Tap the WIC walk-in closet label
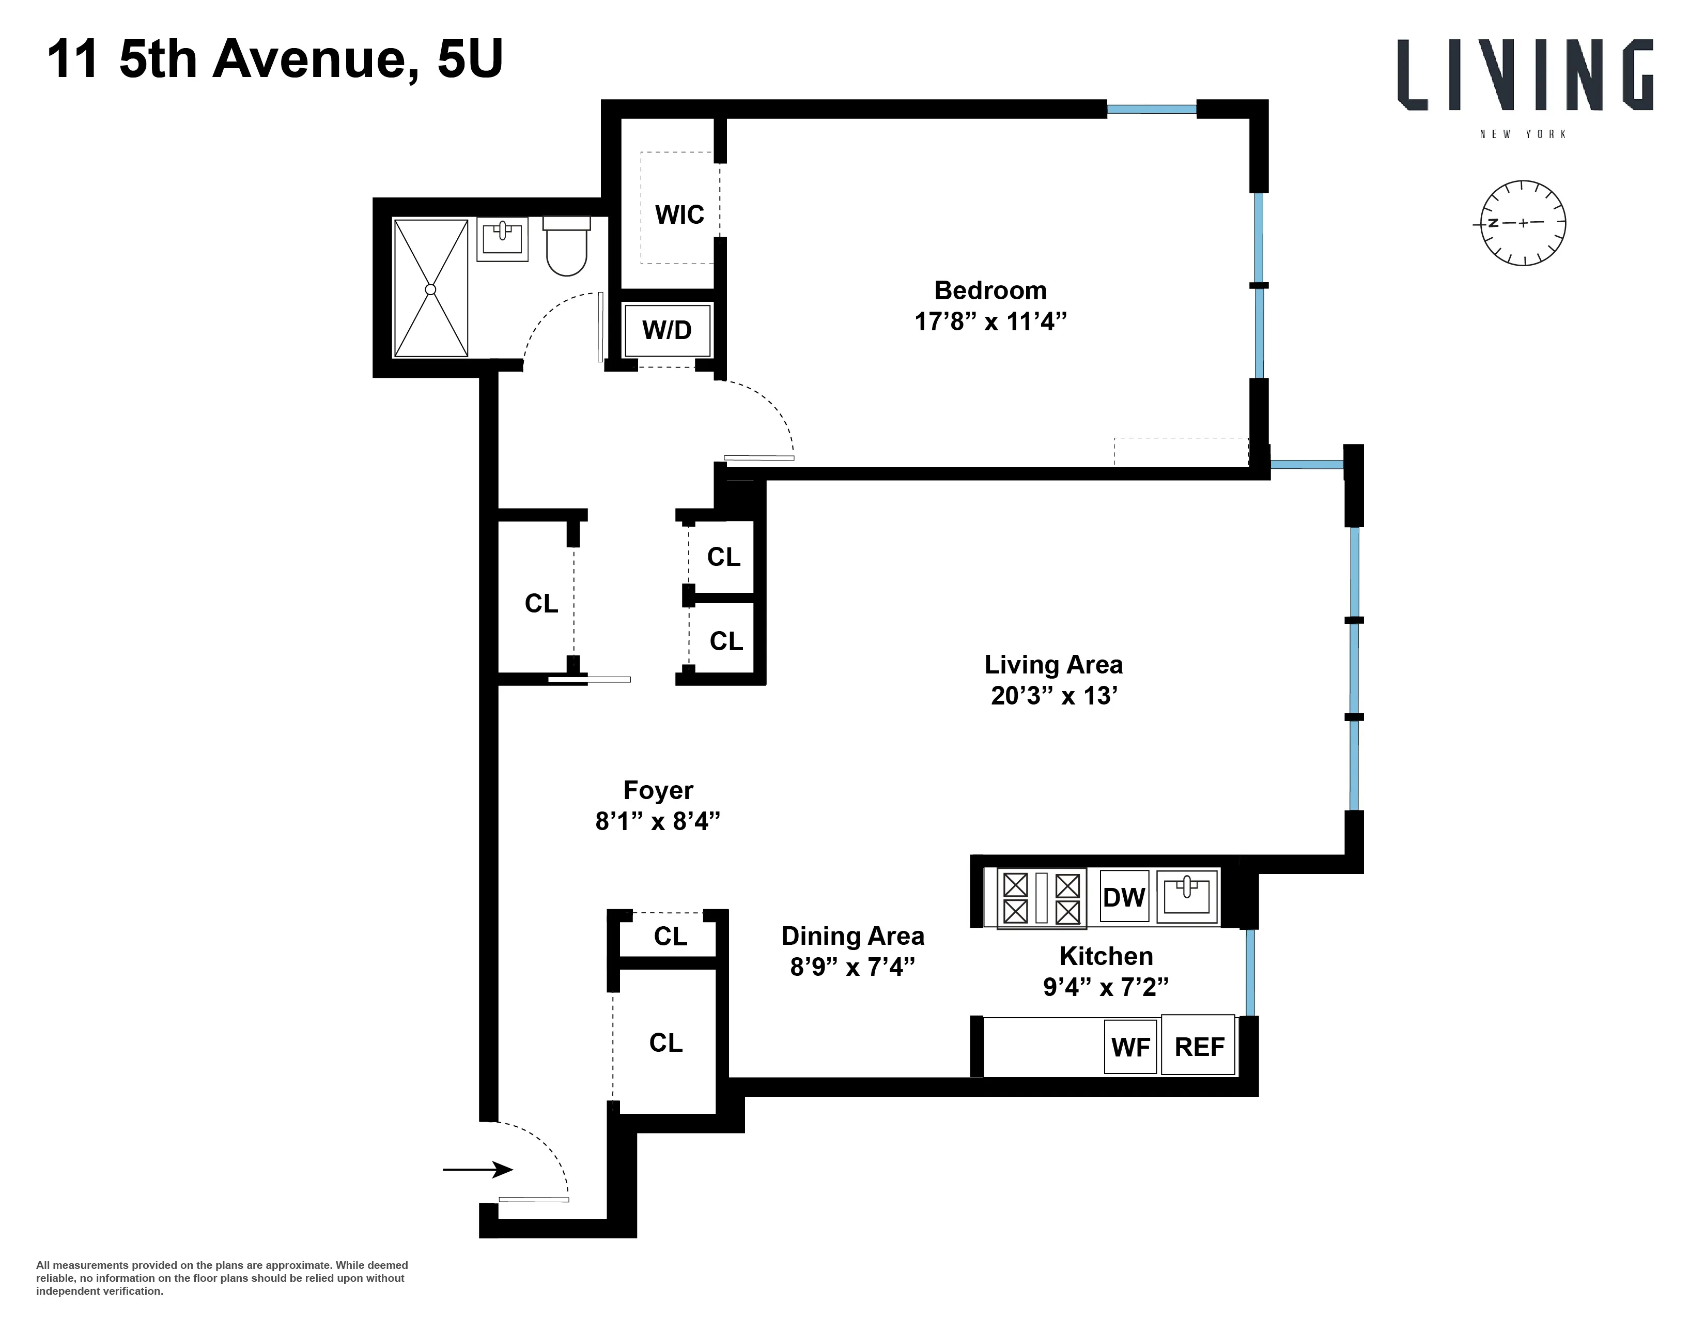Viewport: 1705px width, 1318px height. click(x=679, y=214)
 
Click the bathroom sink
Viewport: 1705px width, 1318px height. click(x=502, y=238)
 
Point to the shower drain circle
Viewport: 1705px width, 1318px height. click(x=430, y=289)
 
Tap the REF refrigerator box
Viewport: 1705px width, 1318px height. click(x=1199, y=1046)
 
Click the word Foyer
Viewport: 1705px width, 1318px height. click(x=658, y=790)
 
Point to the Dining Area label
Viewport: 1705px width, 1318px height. click(x=853, y=936)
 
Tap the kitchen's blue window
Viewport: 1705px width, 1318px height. click(x=1250, y=972)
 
